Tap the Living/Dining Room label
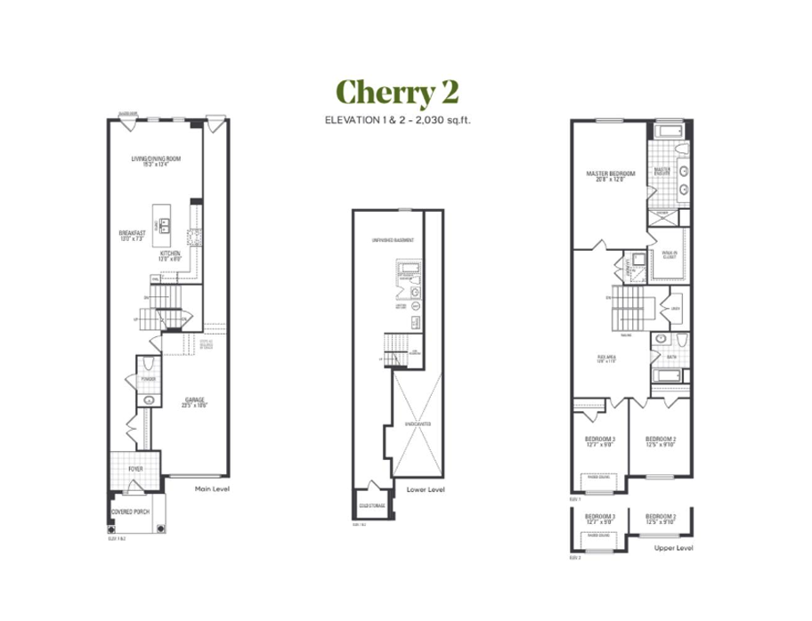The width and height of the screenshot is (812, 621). click(x=156, y=160)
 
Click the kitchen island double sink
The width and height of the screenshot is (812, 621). click(x=165, y=223)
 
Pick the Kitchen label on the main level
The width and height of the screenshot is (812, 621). click(x=171, y=255)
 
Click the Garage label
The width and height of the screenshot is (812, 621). click(x=195, y=401)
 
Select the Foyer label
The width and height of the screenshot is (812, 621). click(x=135, y=468)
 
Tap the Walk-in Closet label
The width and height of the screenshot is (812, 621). click(x=669, y=254)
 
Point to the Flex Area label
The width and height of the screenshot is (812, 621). click(x=607, y=359)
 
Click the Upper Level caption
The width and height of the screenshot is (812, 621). click(x=673, y=550)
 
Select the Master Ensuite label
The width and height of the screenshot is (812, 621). click(x=662, y=170)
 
